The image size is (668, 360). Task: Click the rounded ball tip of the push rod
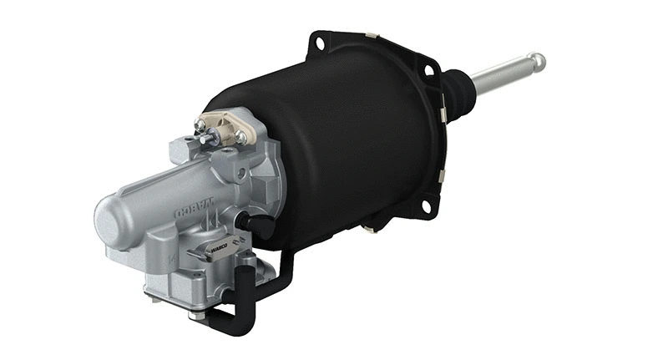[538, 61]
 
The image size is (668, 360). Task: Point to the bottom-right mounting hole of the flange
[426, 205]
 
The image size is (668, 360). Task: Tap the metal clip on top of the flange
[370, 35]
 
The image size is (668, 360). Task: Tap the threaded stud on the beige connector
[200, 126]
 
